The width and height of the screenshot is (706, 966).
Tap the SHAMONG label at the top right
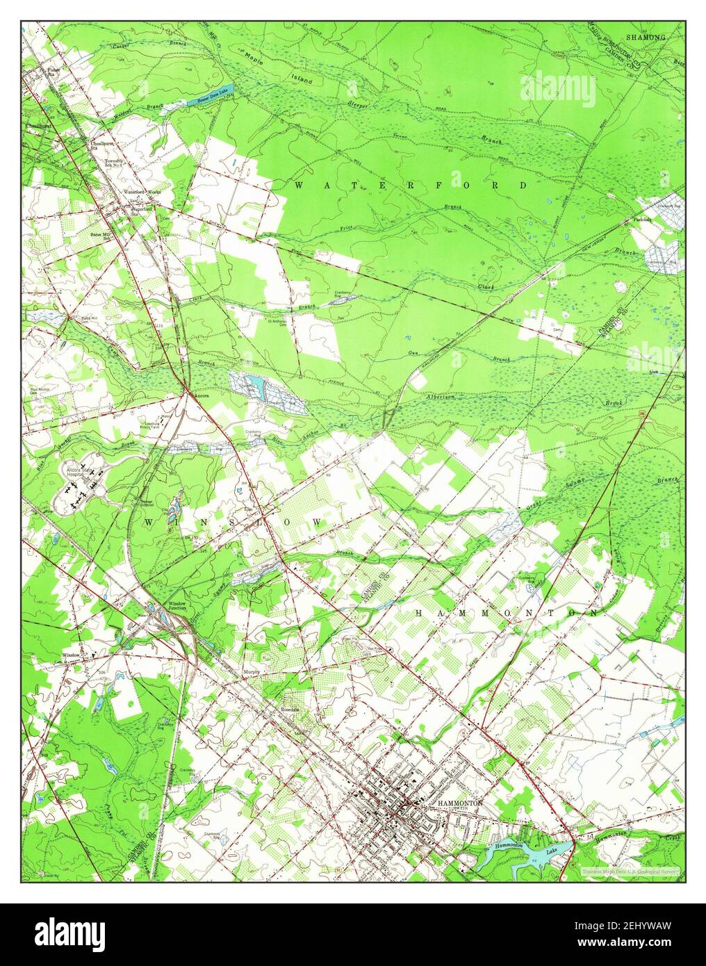click(x=646, y=36)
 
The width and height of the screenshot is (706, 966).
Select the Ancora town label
click(x=202, y=393)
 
